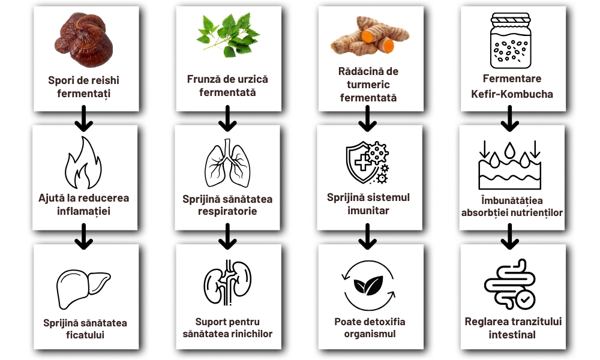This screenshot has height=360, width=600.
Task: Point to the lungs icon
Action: point(226,163)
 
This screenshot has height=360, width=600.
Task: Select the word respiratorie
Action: point(227,211)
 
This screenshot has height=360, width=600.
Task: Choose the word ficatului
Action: point(84,335)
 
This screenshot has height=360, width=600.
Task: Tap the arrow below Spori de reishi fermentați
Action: point(84,119)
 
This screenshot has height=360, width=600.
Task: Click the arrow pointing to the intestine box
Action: point(509,237)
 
